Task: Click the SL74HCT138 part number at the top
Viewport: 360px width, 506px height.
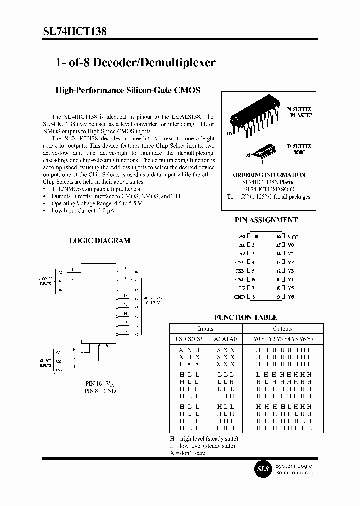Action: tap(56, 31)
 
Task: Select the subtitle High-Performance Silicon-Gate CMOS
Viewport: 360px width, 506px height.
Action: tap(127, 90)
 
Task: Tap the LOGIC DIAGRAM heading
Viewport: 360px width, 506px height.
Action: tap(99, 240)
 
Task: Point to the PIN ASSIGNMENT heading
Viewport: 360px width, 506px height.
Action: tap(266, 220)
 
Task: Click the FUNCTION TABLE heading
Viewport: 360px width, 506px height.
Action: tap(246, 317)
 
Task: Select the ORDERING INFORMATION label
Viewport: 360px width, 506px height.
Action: tap(269, 175)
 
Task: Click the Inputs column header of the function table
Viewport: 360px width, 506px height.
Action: tap(206, 329)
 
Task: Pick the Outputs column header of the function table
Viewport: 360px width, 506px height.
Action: tap(282, 329)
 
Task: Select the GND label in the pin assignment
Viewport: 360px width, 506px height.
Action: tap(239, 297)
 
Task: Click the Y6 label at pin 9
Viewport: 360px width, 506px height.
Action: tap(291, 297)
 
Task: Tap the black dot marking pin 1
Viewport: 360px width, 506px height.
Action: tap(257, 236)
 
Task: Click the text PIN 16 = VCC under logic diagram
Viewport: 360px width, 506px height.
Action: tap(100, 383)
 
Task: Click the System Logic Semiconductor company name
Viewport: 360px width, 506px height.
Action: tap(295, 469)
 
